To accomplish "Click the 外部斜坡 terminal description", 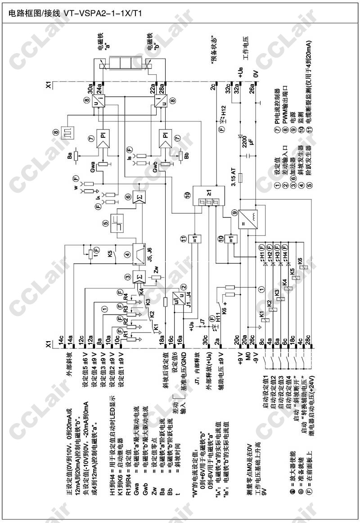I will (x=69, y=365).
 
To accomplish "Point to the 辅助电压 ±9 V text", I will (x=220, y=370).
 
